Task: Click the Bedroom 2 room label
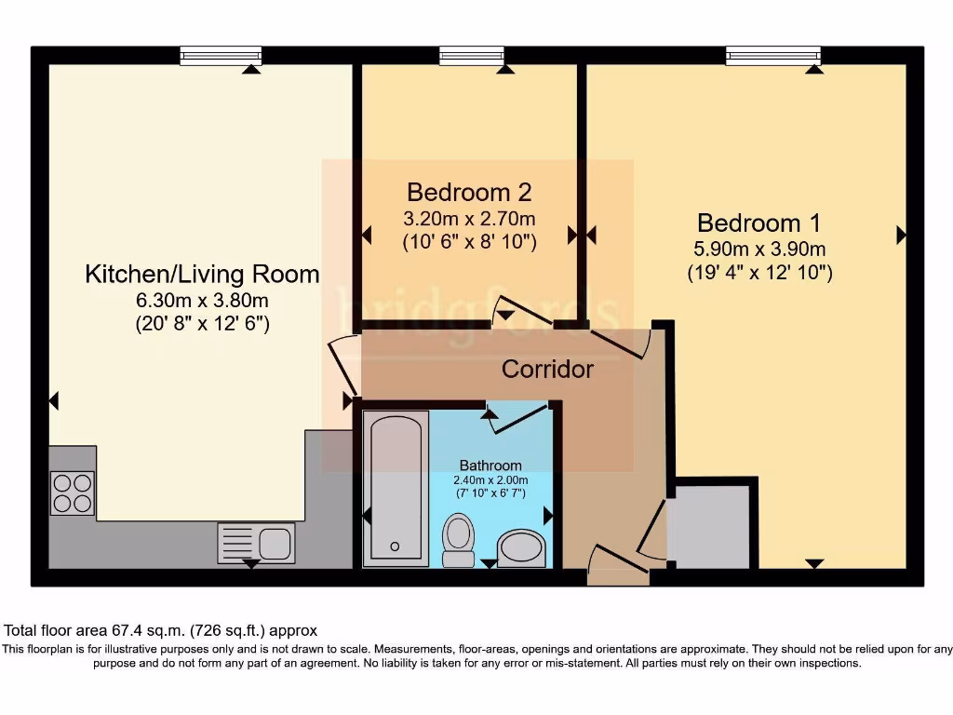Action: tap(469, 193)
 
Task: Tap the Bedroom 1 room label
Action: tap(759, 223)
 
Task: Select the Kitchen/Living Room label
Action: tap(202, 275)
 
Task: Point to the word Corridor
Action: tap(547, 370)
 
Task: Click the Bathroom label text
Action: tap(490, 465)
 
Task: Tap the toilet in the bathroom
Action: tap(457, 540)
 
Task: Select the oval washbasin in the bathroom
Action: tap(524, 548)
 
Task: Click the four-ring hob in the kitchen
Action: tap(73, 493)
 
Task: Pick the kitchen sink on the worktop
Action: tap(256, 542)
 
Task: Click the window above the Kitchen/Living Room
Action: tap(220, 57)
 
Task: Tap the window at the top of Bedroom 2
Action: tap(472, 57)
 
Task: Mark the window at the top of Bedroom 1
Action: tap(773, 57)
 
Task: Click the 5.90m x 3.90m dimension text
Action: tap(759, 250)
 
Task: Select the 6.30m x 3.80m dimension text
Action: tap(202, 300)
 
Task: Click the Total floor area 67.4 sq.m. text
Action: tap(161, 630)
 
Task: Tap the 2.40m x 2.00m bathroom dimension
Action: tap(490, 479)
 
